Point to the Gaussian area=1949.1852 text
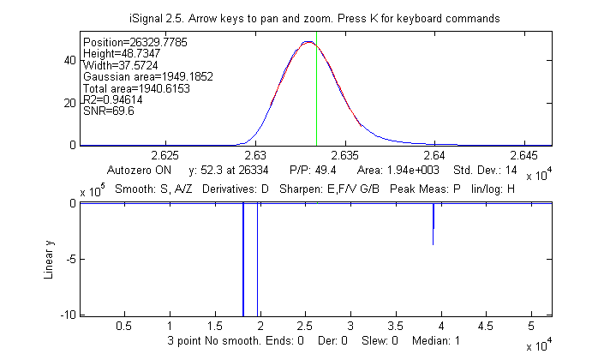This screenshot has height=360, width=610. coord(147,76)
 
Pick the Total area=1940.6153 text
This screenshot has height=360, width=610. coord(141,87)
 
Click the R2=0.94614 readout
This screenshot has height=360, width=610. coord(112,99)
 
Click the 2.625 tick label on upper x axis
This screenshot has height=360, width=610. coord(164,156)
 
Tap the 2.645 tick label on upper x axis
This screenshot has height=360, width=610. coord(524,156)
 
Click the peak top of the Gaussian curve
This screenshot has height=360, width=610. coord(308,42)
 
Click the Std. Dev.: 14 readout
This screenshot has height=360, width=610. coord(486,171)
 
